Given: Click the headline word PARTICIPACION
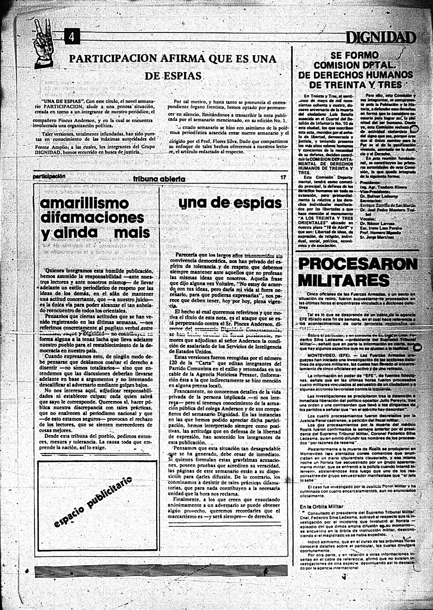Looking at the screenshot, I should (113, 59).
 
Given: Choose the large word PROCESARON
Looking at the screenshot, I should (358, 264).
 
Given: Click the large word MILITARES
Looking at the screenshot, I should (344, 280).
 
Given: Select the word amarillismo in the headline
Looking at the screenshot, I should (84, 203).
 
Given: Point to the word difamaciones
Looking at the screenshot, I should (92, 218).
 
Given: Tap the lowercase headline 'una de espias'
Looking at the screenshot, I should (230, 203).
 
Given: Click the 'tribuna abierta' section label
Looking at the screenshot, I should (159, 179).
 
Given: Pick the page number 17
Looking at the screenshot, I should (283, 178).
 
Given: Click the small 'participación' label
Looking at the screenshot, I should (49, 176).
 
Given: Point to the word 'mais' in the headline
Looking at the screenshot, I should (132, 232).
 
